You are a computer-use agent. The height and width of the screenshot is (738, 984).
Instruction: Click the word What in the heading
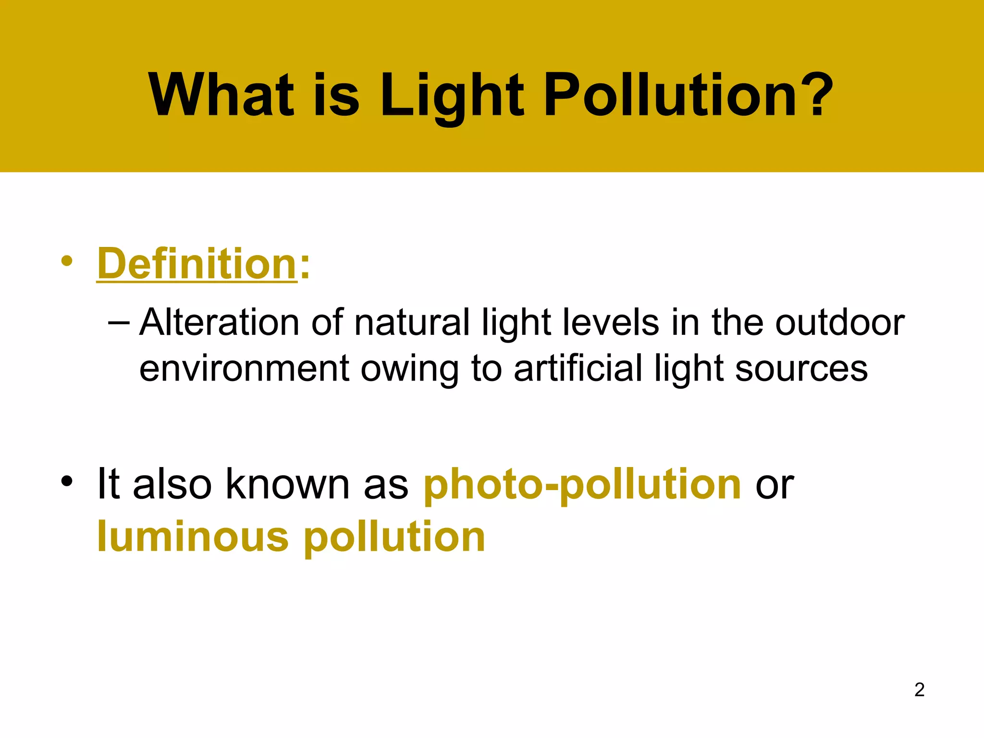pos(221,95)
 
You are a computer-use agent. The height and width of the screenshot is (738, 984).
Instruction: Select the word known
pos(288,484)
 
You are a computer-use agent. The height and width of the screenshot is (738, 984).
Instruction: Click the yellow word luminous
pos(193,537)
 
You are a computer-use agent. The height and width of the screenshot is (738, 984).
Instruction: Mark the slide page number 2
pos(919,689)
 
